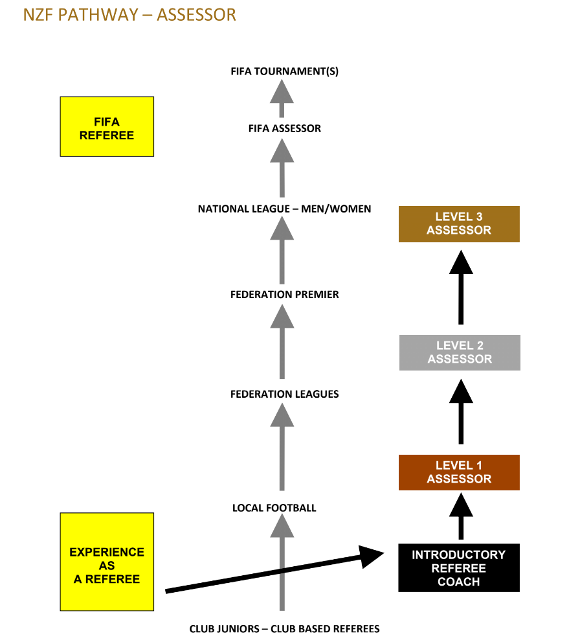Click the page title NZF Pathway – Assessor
(x=129, y=14)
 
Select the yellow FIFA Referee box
(x=107, y=127)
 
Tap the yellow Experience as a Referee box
(x=107, y=562)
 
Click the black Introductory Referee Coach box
(x=458, y=568)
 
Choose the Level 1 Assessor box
(x=459, y=472)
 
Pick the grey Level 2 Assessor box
(x=460, y=352)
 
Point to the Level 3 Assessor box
(x=459, y=224)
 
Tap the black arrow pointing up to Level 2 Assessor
(x=460, y=411)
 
